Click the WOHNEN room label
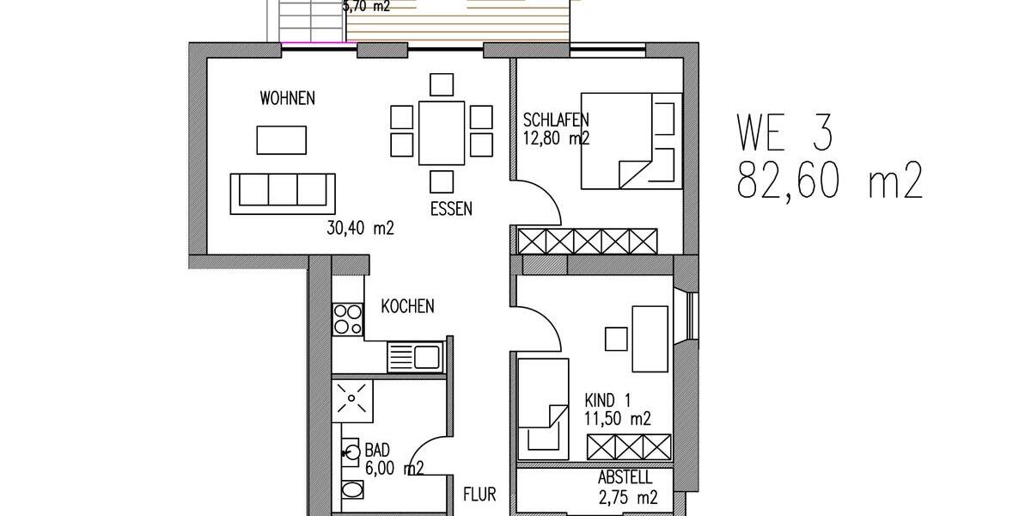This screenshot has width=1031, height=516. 287,99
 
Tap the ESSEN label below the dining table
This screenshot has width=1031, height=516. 451,208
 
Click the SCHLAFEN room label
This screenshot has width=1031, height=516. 556,120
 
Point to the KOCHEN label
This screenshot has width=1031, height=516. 407,306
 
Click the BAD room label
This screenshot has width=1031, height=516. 377,450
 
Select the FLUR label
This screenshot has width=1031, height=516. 479,495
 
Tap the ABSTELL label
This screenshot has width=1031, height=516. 624,478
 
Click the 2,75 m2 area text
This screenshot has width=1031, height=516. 627,497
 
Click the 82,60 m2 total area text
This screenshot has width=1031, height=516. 829,182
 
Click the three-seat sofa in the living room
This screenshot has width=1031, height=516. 283,192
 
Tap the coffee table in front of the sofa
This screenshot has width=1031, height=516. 281,139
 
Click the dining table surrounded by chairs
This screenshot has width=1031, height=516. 442,133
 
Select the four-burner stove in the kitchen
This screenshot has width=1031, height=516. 348,319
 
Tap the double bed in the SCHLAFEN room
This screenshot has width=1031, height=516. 631,139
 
